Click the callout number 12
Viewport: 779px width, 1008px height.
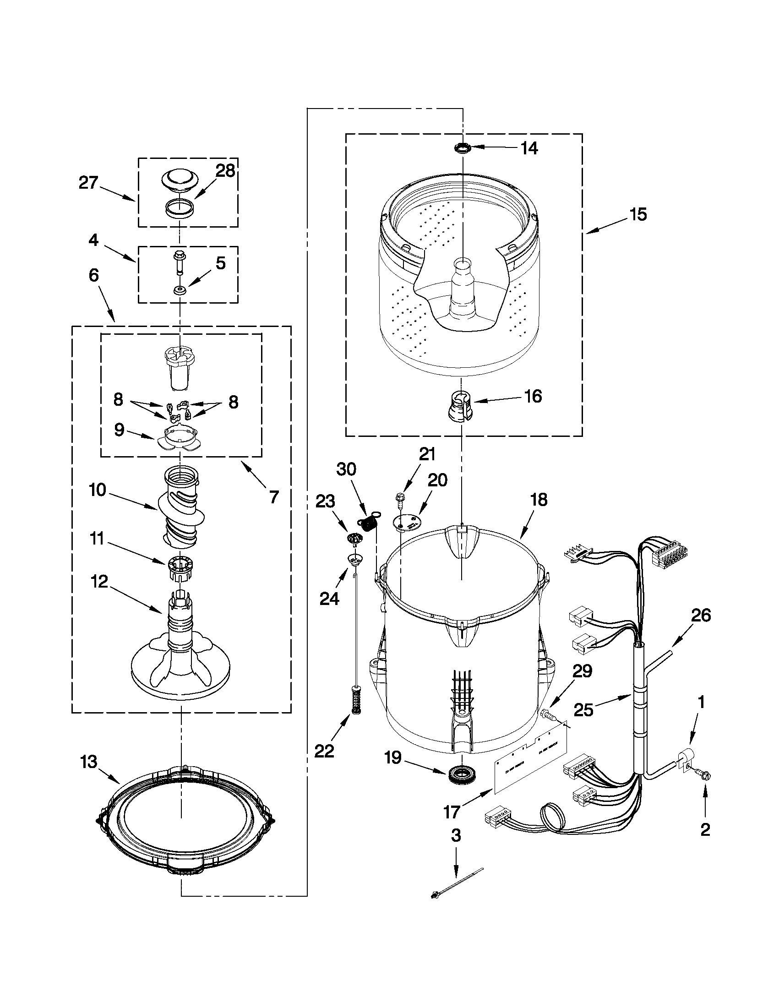(x=99, y=582)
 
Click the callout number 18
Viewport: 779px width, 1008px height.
(x=539, y=499)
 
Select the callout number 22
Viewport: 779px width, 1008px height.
(x=324, y=752)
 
